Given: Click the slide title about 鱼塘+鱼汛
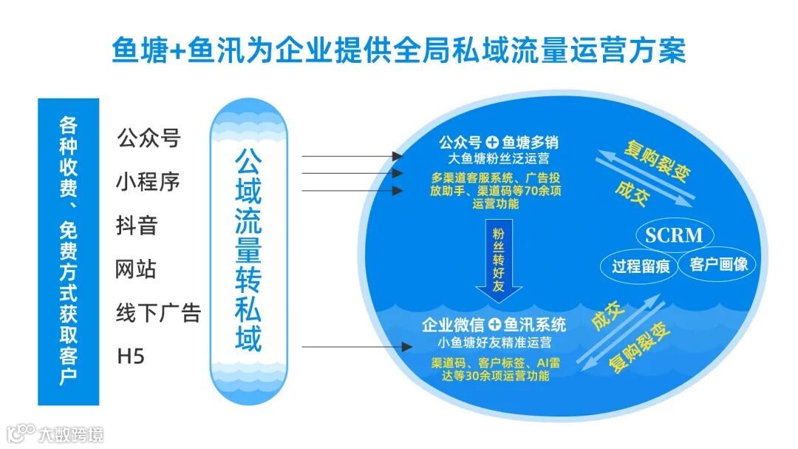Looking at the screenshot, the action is click(399, 51).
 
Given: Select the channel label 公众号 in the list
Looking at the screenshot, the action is click(149, 138).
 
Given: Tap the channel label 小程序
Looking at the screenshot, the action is click(149, 181).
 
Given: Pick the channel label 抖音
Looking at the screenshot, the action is click(137, 225).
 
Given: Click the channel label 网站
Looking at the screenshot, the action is click(137, 269).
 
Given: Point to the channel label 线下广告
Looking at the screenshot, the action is click(158, 313).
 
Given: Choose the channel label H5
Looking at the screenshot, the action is click(131, 357).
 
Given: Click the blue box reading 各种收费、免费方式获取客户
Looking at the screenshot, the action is click(68, 251).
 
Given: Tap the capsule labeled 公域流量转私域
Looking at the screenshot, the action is click(248, 251).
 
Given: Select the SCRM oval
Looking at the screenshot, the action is click(674, 236).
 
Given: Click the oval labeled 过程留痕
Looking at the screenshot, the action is click(641, 266).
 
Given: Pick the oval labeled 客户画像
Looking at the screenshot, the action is click(719, 264).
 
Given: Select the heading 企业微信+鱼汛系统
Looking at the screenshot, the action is click(494, 325).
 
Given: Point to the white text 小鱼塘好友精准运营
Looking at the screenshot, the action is click(494, 342).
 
